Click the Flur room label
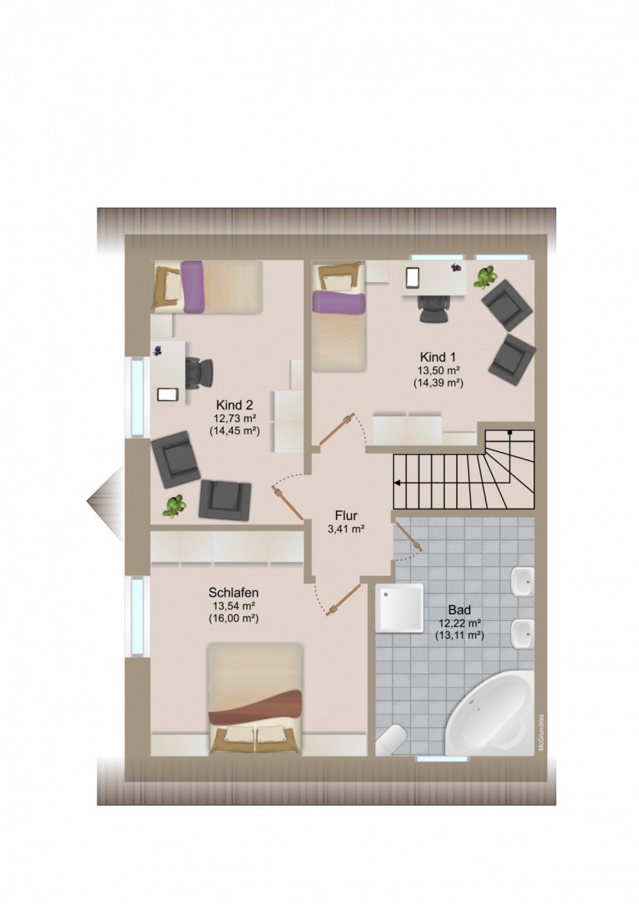point(346,515)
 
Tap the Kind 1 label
point(438,357)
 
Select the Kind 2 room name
point(234,405)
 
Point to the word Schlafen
point(233,593)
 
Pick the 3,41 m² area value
point(346,530)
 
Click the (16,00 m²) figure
point(233,619)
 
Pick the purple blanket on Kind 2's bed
point(192,286)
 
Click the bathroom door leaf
point(409,536)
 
